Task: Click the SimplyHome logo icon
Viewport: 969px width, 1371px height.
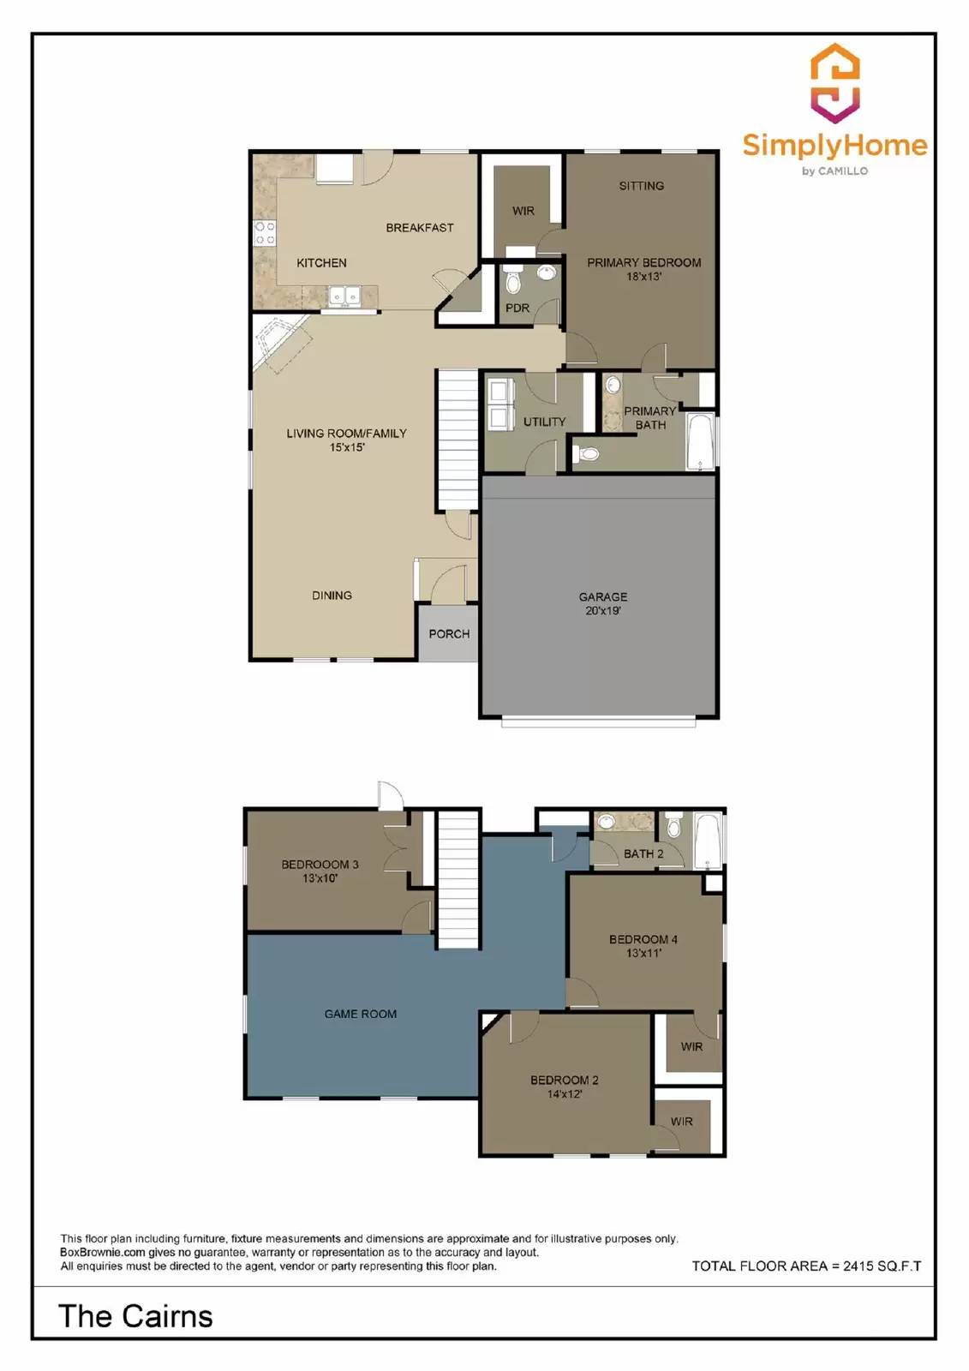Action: click(834, 83)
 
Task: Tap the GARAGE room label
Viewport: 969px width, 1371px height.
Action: click(602, 596)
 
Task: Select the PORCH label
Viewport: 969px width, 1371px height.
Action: click(449, 634)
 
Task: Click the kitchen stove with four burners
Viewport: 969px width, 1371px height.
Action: click(264, 233)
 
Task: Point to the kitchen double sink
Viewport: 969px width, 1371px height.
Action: click(345, 296)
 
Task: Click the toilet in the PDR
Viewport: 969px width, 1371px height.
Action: click(513, 282)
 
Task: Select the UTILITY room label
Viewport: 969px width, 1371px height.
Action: click(544, 422)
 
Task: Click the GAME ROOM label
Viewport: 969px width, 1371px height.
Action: click(360, 1014)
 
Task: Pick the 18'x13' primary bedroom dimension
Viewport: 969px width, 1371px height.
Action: click(643, 277)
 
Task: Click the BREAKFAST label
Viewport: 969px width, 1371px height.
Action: click(419, 228)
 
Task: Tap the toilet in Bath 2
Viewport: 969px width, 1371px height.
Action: click(673, 827)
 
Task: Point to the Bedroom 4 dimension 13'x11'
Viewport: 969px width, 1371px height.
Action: click(643, 953)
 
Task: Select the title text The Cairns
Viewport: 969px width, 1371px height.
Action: click(135, 1316)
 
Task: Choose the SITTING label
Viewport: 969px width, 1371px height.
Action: click(641, 186)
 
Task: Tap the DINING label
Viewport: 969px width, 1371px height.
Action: click(332, 596)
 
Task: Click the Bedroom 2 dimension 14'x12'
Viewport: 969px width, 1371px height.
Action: click(564, 1094)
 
